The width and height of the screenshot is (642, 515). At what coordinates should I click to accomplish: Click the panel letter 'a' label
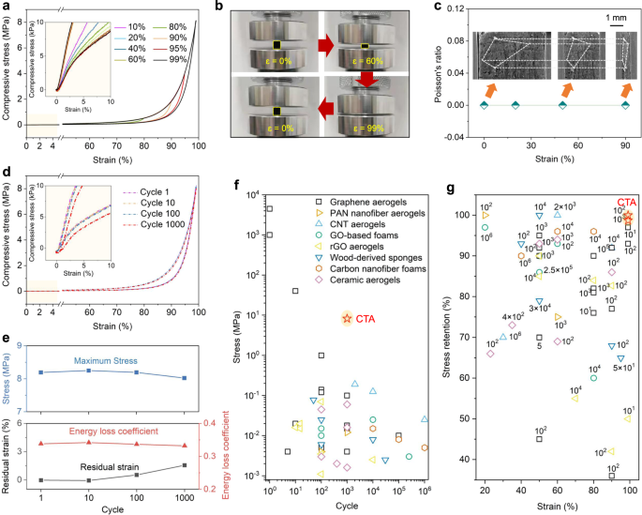coord(5,7)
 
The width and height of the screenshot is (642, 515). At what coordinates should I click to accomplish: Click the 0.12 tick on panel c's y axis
coord(455,10)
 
